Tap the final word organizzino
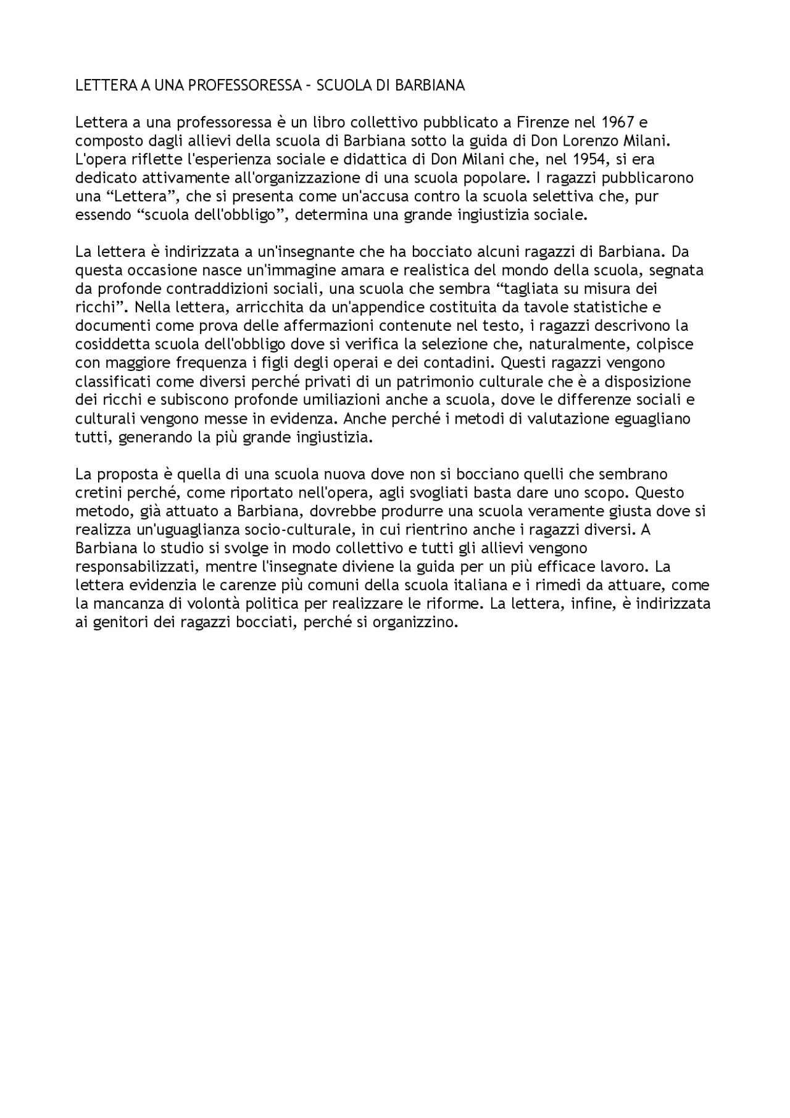(x=415, y=622)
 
